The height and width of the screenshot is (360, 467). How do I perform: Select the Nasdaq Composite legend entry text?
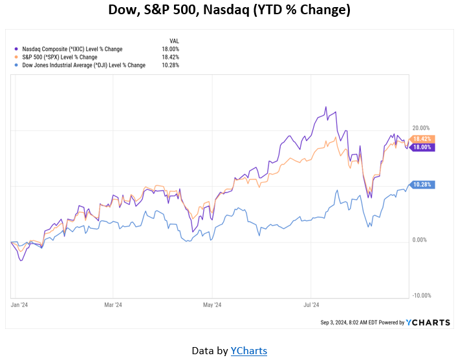pyautogui.click(x=72, y=49)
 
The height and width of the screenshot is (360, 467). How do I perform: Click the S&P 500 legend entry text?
pyautogui.click(x=60, y=57)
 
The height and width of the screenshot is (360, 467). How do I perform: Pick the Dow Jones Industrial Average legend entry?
pyautogui.click(x=83, y=65)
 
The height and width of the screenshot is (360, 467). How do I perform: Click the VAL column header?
pyautogui.click(x=173, y=41)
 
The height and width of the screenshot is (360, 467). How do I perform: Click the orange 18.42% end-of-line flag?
pyautogui.click(x=422, y=139)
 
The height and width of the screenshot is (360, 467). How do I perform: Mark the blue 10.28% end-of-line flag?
pyautogui.click(x=422, y=185)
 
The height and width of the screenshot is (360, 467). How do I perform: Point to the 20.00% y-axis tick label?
pyautogui.click(x=420, y=128)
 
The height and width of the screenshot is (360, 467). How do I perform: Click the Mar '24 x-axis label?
pyautogui.click(x=113, y=304)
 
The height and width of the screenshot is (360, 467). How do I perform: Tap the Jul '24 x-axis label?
pyautogui.click(x=311, y=304)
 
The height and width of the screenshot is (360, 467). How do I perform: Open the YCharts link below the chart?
pyautogui.click(x=249, y=350)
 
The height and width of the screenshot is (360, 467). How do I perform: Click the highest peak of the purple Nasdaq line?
pyautogui.click(x=326, y=107)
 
